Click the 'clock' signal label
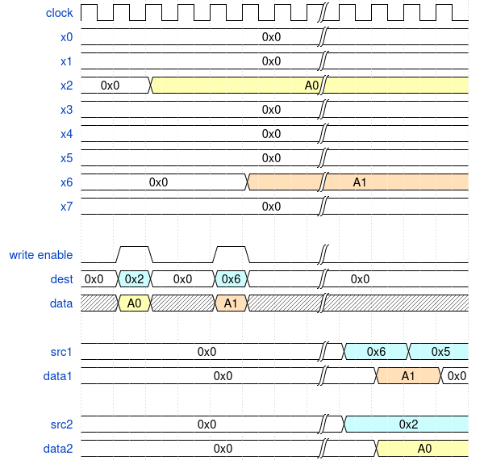pyautogui.click(x=59, y=13)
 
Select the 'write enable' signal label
pyautogui.click(x=41, y=255)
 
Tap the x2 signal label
pyautogui.click(x=67, y=86)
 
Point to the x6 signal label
pyautogui.click(x=67, y=182)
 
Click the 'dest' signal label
pyautogui.click(x=62, y=279)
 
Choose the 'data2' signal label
pyautogui.click(x=58, y=449)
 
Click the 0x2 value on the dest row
pyautogui.click(x=134, y=279)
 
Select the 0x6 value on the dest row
pyautogui.click(x=231, y=279)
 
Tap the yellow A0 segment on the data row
pyautogui.click(x=134, y=303)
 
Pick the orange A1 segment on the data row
pyautogui.click(x=231, y=303)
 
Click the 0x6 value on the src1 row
pyautogui.click(x=376, y=352)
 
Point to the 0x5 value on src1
pyautogui.click(x=440, y=352)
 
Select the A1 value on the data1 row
pyautogui.click(x=408, y=376)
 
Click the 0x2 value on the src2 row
pyautogui.click(x=408, y=424)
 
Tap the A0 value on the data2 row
pyautogui.click(x=424, y=449)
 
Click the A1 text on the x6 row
pyautogui.click(x=360, y=182)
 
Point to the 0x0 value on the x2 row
pyautogui.click(x=111, y=86)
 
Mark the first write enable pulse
pyautogui.click(x=134, y=254)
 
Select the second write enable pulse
pyautogui.click(x=231, y=254)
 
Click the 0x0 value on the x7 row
pyautogui.click(x=271, y=207)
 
